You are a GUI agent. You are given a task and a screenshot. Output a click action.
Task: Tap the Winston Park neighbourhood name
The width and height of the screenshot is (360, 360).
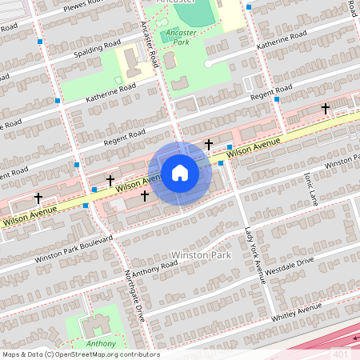[x=200, y=254]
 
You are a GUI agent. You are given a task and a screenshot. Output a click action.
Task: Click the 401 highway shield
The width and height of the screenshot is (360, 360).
[x=341, y=353]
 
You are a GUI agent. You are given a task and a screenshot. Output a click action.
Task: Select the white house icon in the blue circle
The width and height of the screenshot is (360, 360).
[x=180, y=173]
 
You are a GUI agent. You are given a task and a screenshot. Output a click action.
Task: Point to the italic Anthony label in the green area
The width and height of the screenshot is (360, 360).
[x=101, y=344]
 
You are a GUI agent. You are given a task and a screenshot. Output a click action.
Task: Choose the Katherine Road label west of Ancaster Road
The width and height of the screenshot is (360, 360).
[x=112, y=94]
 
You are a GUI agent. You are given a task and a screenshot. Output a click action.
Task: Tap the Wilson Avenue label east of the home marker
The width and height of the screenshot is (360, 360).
[x=253, y=146]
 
